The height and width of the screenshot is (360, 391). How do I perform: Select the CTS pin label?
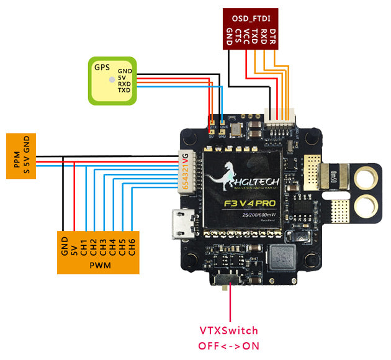238,36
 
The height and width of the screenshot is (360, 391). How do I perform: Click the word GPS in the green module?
101,68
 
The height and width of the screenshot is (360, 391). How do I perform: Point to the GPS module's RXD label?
124,84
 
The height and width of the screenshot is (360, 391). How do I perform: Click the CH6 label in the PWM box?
132,245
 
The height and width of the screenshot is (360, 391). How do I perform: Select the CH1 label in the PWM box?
83,245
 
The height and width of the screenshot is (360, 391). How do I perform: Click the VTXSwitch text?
228,330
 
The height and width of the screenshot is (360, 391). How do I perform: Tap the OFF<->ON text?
228,345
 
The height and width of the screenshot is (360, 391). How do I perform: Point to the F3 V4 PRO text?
247,203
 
